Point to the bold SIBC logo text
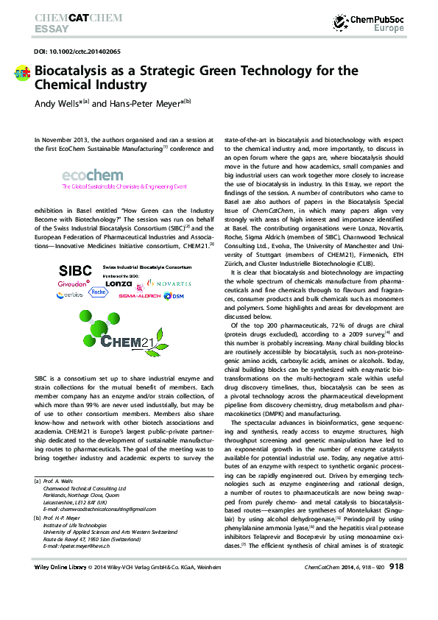75,269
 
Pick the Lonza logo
118,283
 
